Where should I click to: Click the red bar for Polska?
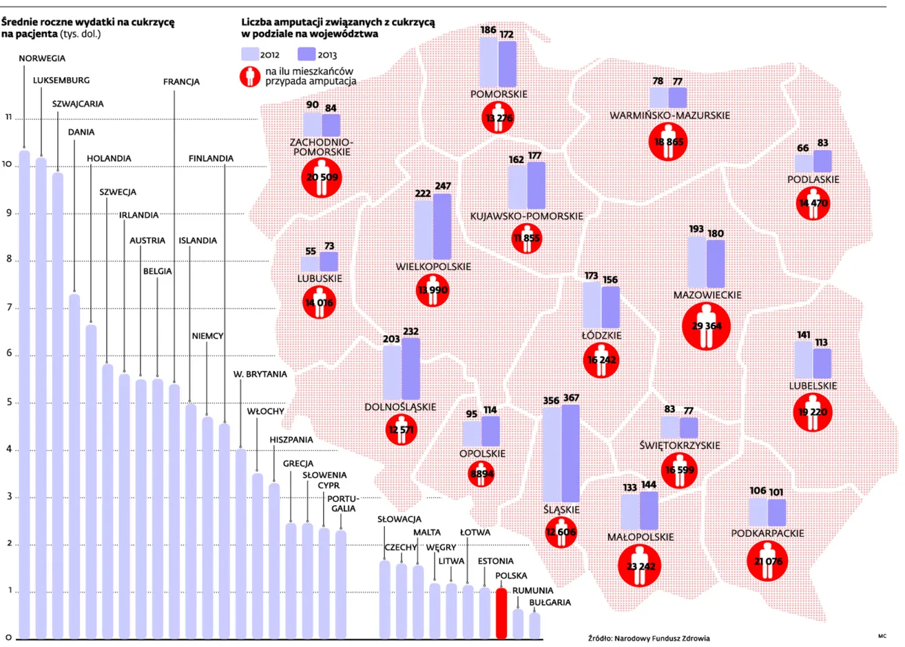tap(501, 613)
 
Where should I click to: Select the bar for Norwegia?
tap(25, 394)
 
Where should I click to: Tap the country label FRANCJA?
tap(181, 82)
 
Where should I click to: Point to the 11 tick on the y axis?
tap(8, 117)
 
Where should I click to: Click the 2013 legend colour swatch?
tap(306, 54)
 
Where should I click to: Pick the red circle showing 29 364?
tap(706, 326)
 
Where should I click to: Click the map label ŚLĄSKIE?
tap(561, 509)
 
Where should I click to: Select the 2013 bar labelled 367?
tap(570, 453)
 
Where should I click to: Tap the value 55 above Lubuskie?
tap(311, 251)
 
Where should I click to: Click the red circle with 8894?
tap(481, 474)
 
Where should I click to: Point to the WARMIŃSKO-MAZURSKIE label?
tap(669, 116)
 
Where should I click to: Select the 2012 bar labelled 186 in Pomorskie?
tap(488, 62)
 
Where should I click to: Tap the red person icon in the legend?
tap(250, 76)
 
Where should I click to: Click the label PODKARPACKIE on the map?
tap(767, 533)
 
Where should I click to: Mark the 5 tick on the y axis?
tap(9, 402)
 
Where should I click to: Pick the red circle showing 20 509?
tap(322, 178)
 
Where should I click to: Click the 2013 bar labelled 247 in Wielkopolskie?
tap(442, 226)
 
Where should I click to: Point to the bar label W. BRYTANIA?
tap(260, 374)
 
